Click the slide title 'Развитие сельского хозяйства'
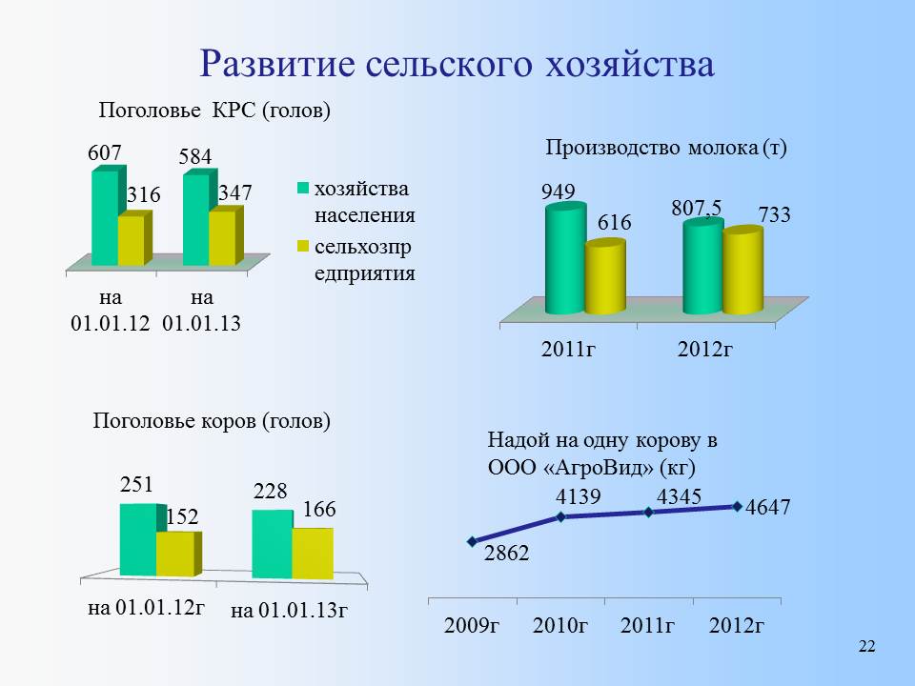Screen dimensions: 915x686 click(x=457, y=64)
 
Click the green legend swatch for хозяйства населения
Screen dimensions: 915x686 click(x=303, y=189)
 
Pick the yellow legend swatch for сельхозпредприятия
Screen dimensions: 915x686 click(x=303, y=246)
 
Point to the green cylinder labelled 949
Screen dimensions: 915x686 click(x=565, y=258)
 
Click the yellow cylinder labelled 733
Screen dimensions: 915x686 click(x=742, y=270)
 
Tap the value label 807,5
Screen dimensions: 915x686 click(x=696, y=208)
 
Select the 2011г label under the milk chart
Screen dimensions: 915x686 click(x=568, y=349)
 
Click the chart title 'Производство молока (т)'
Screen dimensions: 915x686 click(x=666, y=148)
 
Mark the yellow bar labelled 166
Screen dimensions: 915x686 click(x=313, y=554)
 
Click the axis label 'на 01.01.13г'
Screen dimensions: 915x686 click(x=290, y=611)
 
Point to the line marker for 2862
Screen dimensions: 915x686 click(x=472, y=541)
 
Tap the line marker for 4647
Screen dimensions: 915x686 click(x=737, y=506)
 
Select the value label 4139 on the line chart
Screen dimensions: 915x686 click(x=578, y=496)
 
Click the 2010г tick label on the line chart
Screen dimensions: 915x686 click(x=560, y=625)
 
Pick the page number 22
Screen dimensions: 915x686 click(x=866, y=646)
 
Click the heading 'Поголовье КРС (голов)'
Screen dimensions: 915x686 click(x=214, y=110)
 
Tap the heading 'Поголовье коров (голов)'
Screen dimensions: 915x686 click(x=212, y=420)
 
